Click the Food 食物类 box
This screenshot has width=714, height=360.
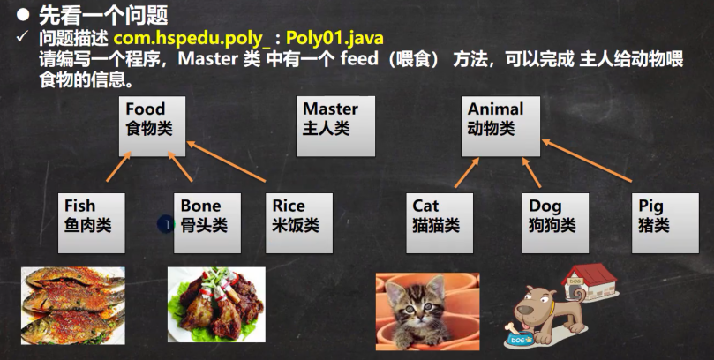[x=152, y=126]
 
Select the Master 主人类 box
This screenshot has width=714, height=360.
[x=335, y=126]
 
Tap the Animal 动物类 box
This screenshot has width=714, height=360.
[x=501, y=126]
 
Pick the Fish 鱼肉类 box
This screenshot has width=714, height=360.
[x=92, y=223]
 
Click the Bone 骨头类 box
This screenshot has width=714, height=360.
[x=207, y=223]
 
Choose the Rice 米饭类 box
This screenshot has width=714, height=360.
[x=299, y=223]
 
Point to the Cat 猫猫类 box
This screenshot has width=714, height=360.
[x=440, y=223]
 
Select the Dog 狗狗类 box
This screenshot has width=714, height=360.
[x=555, y=223]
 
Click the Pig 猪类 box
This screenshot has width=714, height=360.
[x=665, y=223]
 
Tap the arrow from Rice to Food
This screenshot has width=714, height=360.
[x=226, y=161]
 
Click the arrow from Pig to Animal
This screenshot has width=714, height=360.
[x=587, y=161]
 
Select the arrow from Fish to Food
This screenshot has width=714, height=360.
[x=119, y=167]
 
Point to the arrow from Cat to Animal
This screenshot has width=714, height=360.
[x=467, y=172]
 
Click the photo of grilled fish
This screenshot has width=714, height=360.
[x=73, y=305]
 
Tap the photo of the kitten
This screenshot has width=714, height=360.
[x=427, y=311]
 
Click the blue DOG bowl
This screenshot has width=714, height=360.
[x=520, y=340]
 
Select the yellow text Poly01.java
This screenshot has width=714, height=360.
[x=334, y=38]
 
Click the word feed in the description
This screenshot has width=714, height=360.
[x=359, y=59]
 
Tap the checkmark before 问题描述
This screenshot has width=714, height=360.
[x=22, y=37]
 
